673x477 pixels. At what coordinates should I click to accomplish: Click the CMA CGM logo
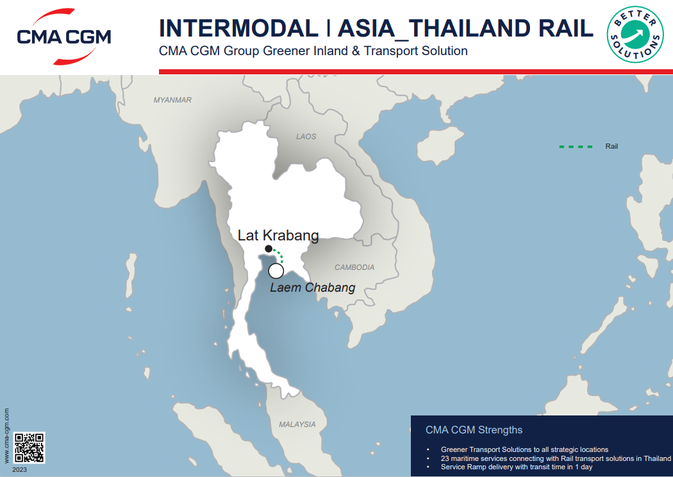[63, 36]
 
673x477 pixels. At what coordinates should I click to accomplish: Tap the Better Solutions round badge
[635, 35]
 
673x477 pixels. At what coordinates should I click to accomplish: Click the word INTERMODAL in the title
[238, 28]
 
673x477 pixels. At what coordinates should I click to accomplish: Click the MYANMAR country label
[172, 100]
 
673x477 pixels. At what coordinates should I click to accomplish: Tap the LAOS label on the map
[306, 137]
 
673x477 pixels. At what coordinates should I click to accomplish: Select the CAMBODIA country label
[354, 267]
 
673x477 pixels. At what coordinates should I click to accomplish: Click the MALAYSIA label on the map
[297, 424]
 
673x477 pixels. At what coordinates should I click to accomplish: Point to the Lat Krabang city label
[278, 235]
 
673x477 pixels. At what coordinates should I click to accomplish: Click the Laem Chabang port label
[312, 288]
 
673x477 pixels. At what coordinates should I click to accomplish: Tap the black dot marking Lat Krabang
[269, 249]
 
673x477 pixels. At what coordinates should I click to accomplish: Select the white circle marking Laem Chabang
[276, 271]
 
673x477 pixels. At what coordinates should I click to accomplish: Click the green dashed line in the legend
[576, 147]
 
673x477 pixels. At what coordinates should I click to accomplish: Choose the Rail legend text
[611, 147]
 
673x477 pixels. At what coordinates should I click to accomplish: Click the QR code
[29, 448]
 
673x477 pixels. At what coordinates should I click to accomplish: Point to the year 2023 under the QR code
[19, 470]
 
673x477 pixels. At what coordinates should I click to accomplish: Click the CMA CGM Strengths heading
[474, 430]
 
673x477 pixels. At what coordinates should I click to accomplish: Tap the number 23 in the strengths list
[445, 458]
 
